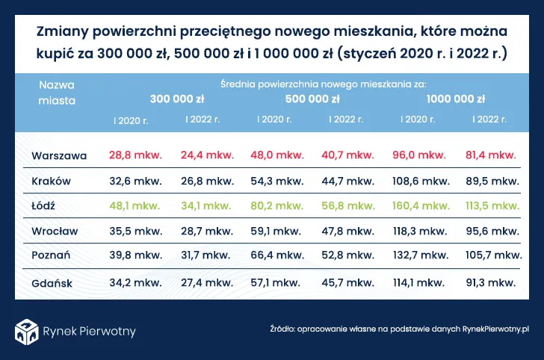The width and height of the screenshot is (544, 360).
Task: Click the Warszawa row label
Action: (x=60, y=155)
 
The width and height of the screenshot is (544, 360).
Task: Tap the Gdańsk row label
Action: (x=52, y=283)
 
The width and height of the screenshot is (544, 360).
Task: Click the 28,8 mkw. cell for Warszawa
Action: (x=135, y=155)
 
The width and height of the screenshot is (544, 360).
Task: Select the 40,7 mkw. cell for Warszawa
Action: (x=349, y=155)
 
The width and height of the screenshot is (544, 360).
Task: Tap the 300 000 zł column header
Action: (x=177, y=99)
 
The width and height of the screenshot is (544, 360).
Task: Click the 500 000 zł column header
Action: (x=313, y=99)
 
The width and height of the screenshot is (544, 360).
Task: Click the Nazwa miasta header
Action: (x=57, y=92)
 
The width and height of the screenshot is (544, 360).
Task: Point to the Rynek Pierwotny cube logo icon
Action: (x=28, y=330)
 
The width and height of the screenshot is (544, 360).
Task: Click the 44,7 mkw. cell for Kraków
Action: (x=349, y=181)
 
